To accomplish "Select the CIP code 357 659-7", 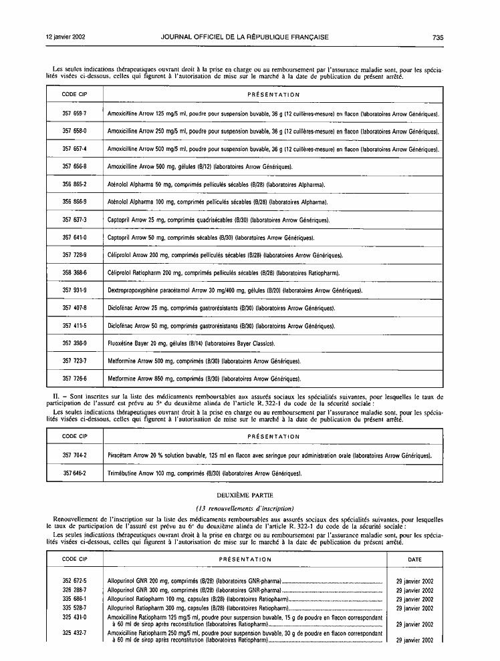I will click(x=75, y=114).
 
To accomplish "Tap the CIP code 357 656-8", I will click(x=75, y=166).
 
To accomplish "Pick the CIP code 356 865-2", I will click(x=75, y=183).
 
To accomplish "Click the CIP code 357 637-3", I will click(x=75, y=219).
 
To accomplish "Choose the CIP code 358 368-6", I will click(x=75, y=272).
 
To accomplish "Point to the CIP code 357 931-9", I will click(x=75, y=290).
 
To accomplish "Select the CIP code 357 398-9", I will click(x=75, y=343).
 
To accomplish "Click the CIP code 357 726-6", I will click(x=75, y=379).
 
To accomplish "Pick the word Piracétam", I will click(x=122, y=455).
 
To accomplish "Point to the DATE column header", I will click(x=414, y=559).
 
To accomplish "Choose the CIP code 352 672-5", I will click(x=75, y=581).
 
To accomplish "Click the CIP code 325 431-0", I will click(x=75, y=617).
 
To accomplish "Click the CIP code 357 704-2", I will click(x=75, y=455).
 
